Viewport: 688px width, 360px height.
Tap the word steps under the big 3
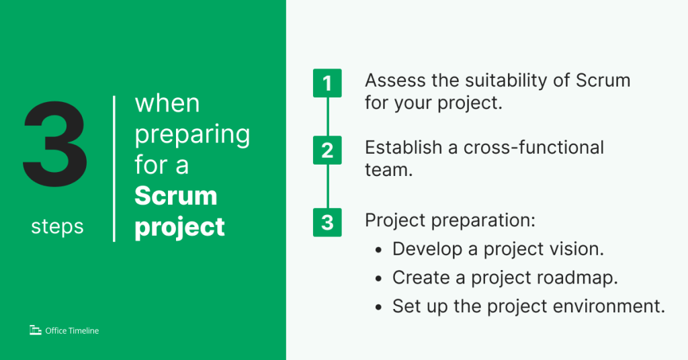coord(57,226)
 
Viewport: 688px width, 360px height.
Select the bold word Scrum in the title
coord(176,195)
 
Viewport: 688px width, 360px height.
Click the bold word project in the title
coord(179,226)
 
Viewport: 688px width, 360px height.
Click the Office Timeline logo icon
coord(36,330)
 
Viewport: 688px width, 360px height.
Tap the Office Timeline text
coord(72,330)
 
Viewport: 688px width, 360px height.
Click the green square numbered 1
coord(327,84)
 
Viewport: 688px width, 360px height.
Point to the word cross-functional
coord(533,147)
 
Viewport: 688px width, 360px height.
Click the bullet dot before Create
coord(379,278)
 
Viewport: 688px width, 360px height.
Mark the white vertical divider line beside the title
coord(114,169)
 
